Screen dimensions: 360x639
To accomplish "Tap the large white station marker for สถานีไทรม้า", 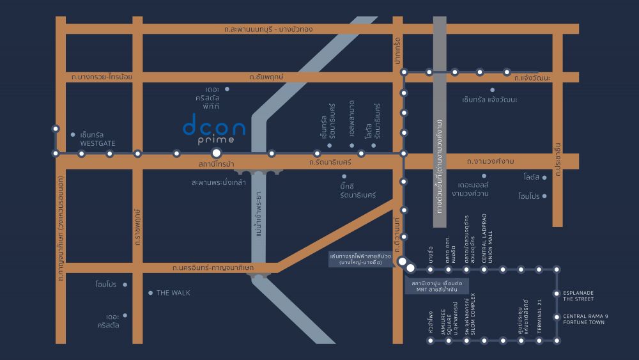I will click(217, 153).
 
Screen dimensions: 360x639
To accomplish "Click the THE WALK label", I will click(173, 293).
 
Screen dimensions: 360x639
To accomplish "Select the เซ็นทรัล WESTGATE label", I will click(98, 139).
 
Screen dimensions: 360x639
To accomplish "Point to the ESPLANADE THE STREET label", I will click(578, 295).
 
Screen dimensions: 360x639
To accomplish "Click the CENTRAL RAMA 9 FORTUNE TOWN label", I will click(583, 318).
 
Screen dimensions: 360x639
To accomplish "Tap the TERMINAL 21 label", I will click(539, 311).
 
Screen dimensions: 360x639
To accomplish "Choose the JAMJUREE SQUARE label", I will click(450, 318).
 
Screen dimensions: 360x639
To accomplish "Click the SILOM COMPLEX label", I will click(476, 318).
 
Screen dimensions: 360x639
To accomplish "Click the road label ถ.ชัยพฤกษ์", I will click(267, 77).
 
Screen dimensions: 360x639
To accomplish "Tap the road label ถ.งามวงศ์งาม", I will click(491, 161).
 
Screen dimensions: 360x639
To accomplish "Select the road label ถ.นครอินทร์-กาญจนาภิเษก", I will click(213, 267).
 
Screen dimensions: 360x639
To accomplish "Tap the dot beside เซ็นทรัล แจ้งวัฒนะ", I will click(492, 90).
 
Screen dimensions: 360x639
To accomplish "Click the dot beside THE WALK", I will click(150, 293).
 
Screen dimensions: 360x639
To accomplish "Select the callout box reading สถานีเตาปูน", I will click(436, 286).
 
